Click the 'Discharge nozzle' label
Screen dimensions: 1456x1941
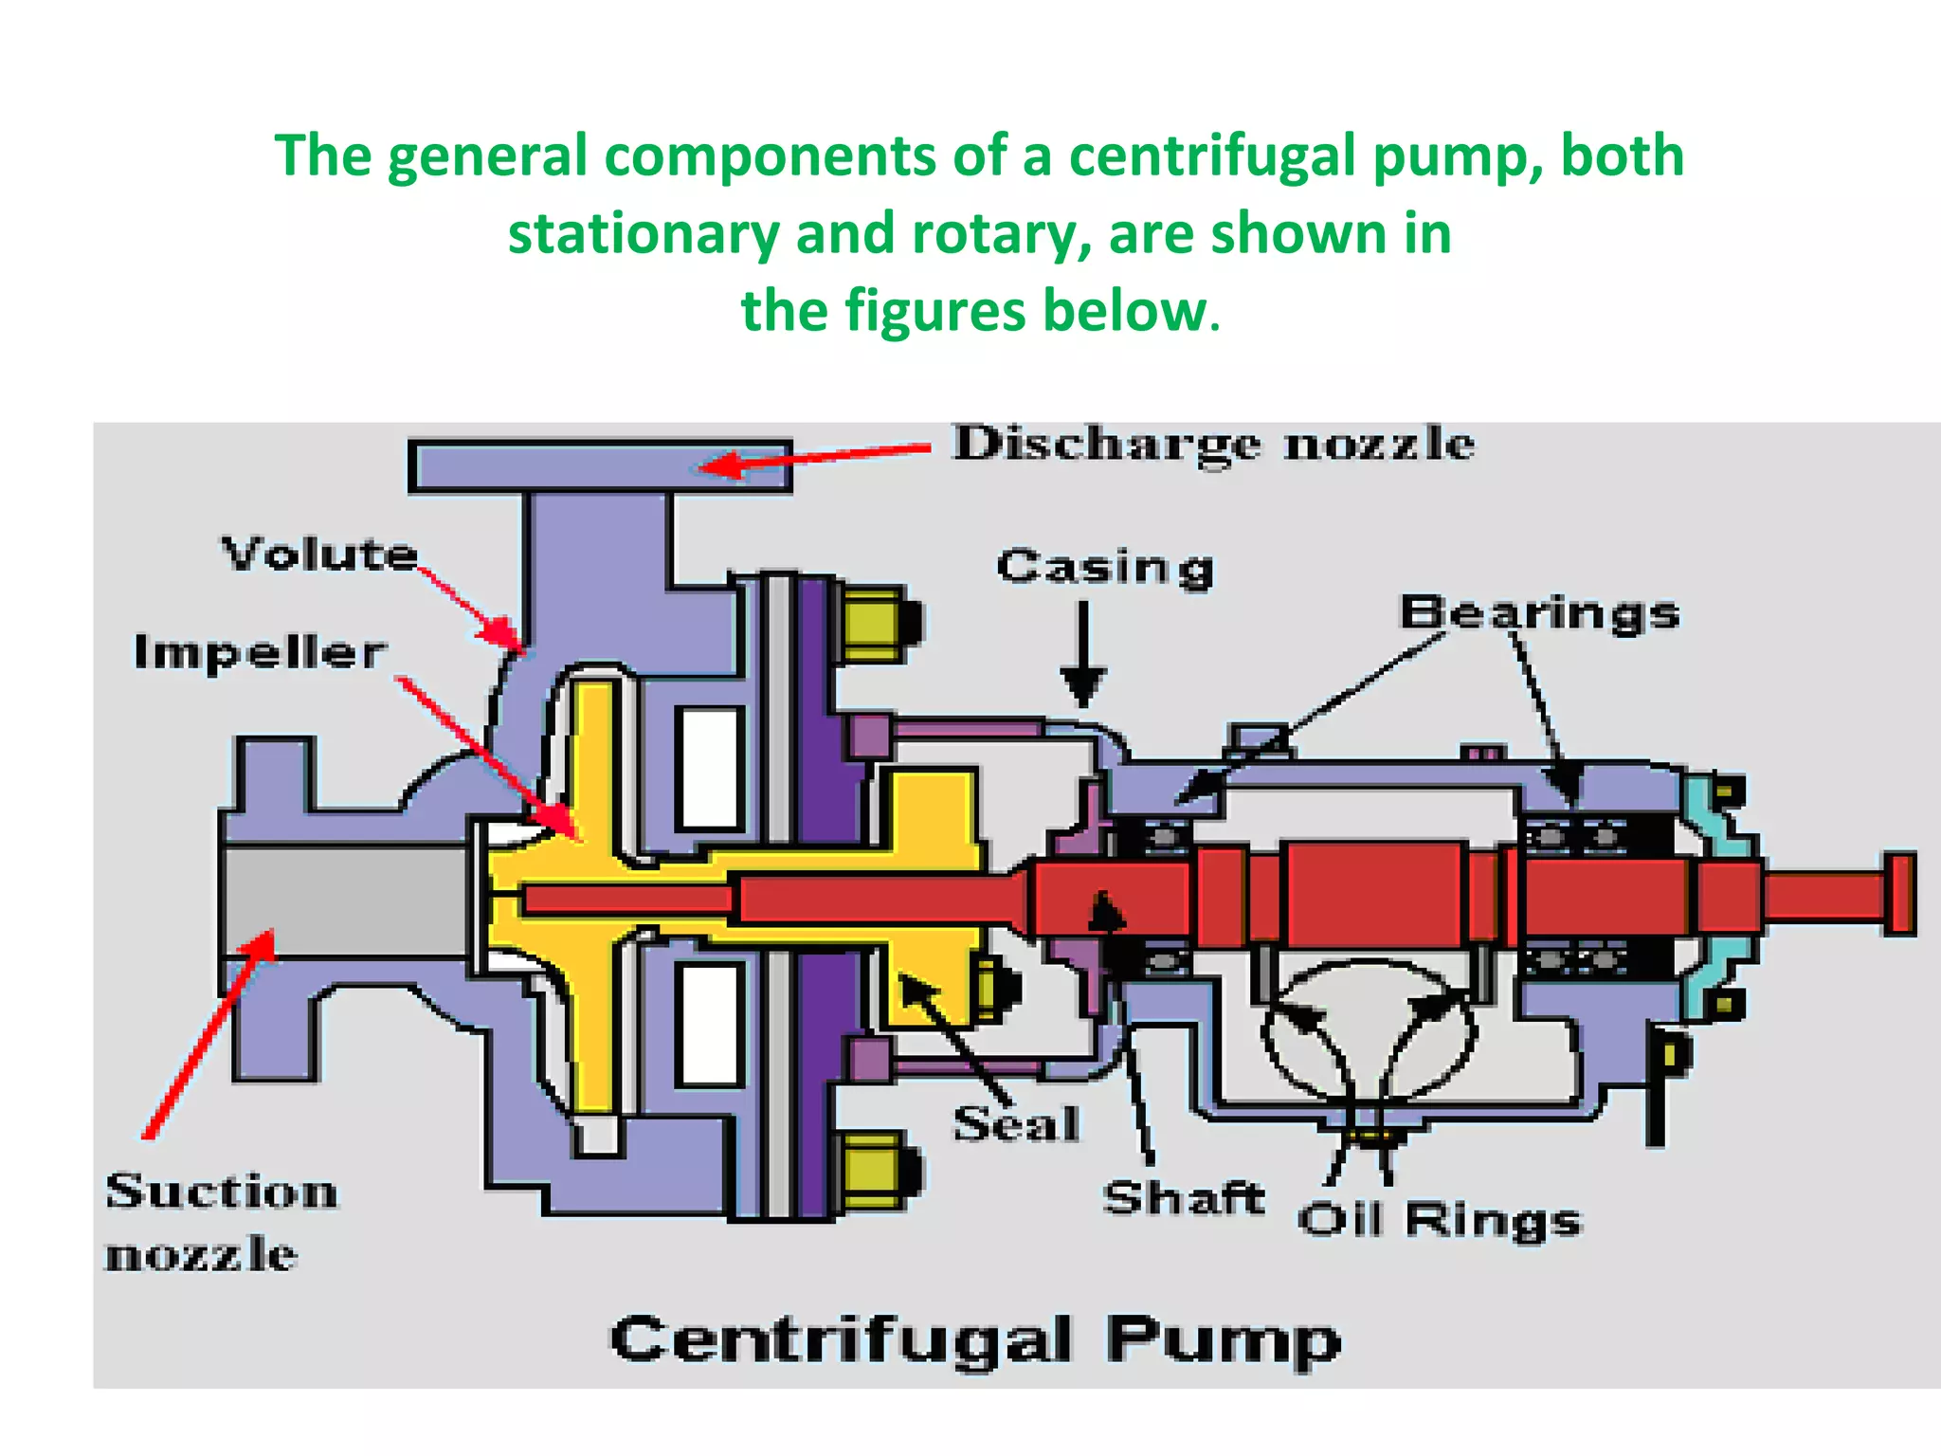[1213, 444]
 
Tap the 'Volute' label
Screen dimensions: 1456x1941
[319, 554]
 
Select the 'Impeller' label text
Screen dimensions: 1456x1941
[260, 652]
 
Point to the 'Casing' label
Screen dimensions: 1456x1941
[1105, 567]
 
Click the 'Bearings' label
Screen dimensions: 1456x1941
[1540, 612]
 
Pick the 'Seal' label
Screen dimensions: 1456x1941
[1016, 1124]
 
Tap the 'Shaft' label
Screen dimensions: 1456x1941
[1184, 1198]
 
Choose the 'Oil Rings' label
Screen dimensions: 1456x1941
[1440, 1219]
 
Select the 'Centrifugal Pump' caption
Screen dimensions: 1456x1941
[975, 1340]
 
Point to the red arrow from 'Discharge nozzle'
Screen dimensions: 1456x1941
[815, 456]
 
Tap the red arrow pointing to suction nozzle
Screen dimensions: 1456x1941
[209, 1033]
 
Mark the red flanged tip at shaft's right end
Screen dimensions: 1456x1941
[1898, 893]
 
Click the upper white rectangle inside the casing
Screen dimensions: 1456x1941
[709, 768]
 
